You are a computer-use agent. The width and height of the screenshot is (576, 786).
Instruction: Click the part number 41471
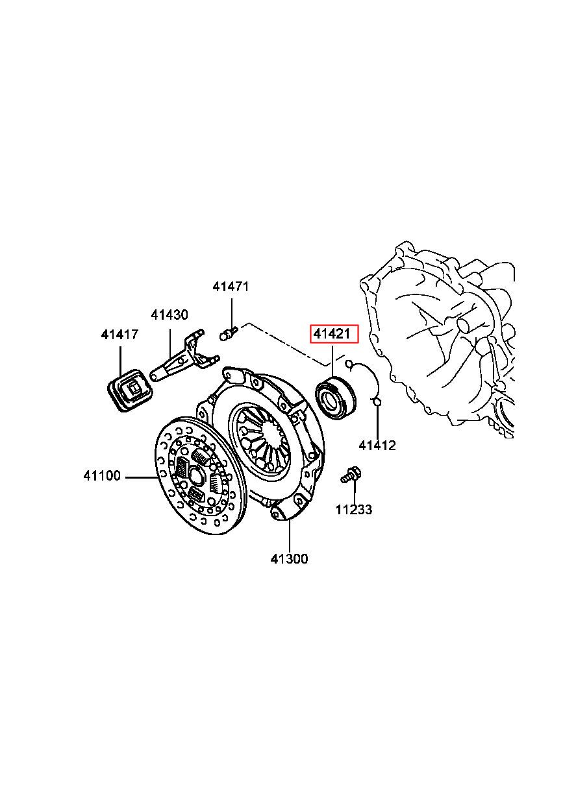tap(231, 287)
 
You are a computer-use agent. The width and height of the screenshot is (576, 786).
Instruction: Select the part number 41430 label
tap(169, 315)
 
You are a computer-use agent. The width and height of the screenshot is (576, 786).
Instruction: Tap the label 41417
tap(119, 335)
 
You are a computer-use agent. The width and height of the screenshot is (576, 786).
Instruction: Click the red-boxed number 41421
tap(334, 335)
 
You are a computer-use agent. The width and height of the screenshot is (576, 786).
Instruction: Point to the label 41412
tap(377, 446)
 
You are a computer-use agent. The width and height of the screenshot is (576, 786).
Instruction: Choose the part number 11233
tap(354, 510)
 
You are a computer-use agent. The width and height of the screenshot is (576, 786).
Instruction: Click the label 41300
tap(290, 559)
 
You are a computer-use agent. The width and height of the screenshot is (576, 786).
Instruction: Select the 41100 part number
tap(102, 476)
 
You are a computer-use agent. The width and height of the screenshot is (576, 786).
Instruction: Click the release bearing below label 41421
tap(334, 397)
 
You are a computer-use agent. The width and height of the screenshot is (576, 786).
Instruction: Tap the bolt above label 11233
tap(350, 475)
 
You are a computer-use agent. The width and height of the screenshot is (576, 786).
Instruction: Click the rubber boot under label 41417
tap(129, 390)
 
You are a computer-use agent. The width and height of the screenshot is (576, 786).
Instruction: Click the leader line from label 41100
tap(142, 477)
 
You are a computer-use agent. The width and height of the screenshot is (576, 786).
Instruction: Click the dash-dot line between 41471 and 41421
tap(286, 342)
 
